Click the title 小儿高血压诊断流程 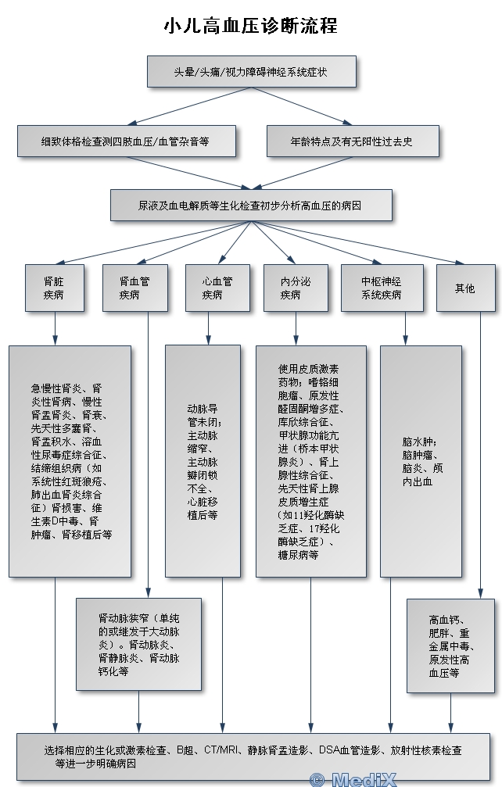coord(250,26)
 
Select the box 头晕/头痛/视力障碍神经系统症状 coord(252,71)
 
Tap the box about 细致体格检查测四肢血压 coord(126,141)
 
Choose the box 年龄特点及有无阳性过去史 coord(353,141)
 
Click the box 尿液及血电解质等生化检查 coord(251,206)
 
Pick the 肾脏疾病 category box coord(54,288)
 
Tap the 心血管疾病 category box coord(217,288)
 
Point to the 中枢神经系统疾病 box coord(382,288)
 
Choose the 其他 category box coord(465,288)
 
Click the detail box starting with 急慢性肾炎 coord(70,461)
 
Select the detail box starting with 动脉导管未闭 coord(203,461)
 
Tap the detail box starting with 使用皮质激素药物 coord(310,461)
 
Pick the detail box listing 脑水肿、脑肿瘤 coord(421,461)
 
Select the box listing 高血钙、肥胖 coord(450,646)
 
